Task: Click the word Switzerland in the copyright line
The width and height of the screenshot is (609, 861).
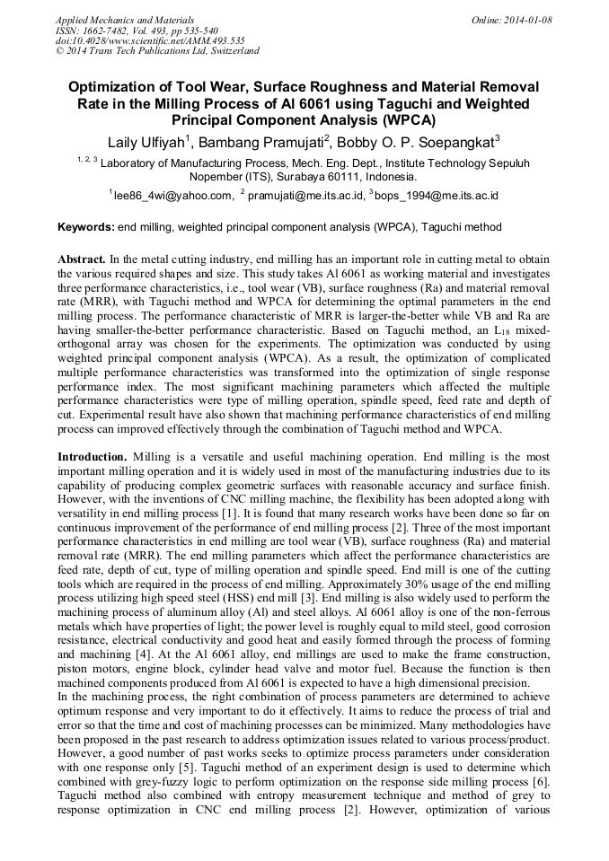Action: coord(232,51)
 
